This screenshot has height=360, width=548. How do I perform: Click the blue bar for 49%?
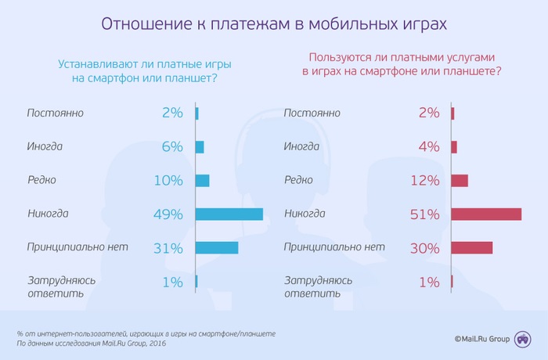pos(229,214)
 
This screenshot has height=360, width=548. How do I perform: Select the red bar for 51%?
pos(486,214)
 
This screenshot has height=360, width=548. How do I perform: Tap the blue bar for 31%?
pos(216,247)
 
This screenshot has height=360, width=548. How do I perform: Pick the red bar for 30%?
pos(471,247)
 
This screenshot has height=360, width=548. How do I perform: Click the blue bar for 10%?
pos(202,180)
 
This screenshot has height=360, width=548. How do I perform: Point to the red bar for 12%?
pos(460,180)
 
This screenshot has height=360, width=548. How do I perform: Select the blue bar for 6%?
pos(200,146)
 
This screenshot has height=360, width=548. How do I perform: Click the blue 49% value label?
pos(168,214)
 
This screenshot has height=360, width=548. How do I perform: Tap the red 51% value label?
pos(425,214)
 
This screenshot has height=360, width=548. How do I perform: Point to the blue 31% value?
pos(168,248)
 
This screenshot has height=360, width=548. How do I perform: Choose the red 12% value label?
pos(425,180)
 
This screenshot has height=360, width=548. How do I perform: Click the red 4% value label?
pos(429,146)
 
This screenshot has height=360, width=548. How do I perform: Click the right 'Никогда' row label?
pos(305,213)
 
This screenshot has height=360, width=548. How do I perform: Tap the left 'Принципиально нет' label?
pos(77,247)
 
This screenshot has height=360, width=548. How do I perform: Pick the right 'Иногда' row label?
pos(301,146)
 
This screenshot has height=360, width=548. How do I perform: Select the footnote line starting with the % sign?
pos(146,333)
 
